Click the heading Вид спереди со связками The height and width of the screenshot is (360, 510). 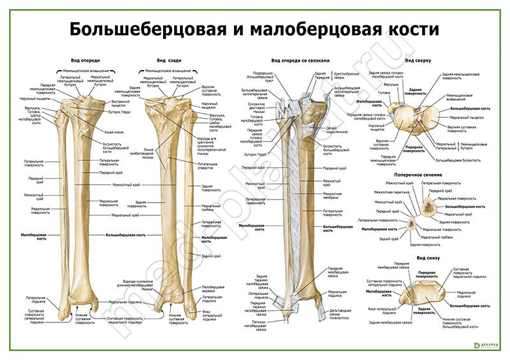300,61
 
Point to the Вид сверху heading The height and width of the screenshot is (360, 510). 418,61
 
